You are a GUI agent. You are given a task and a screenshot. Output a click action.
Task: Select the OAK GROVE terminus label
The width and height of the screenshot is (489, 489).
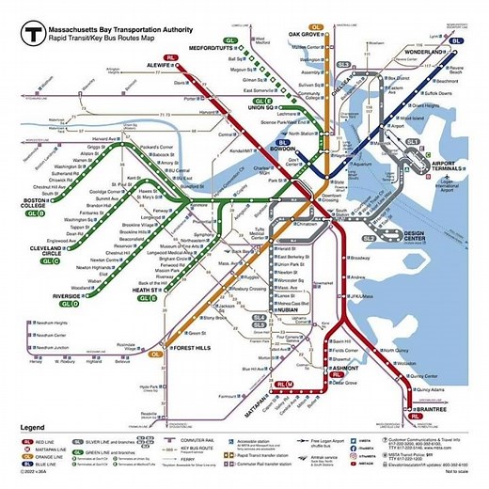click(x=307, y=33)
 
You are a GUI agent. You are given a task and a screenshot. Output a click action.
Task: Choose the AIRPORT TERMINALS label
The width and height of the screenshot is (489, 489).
click(x=434, y=166)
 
